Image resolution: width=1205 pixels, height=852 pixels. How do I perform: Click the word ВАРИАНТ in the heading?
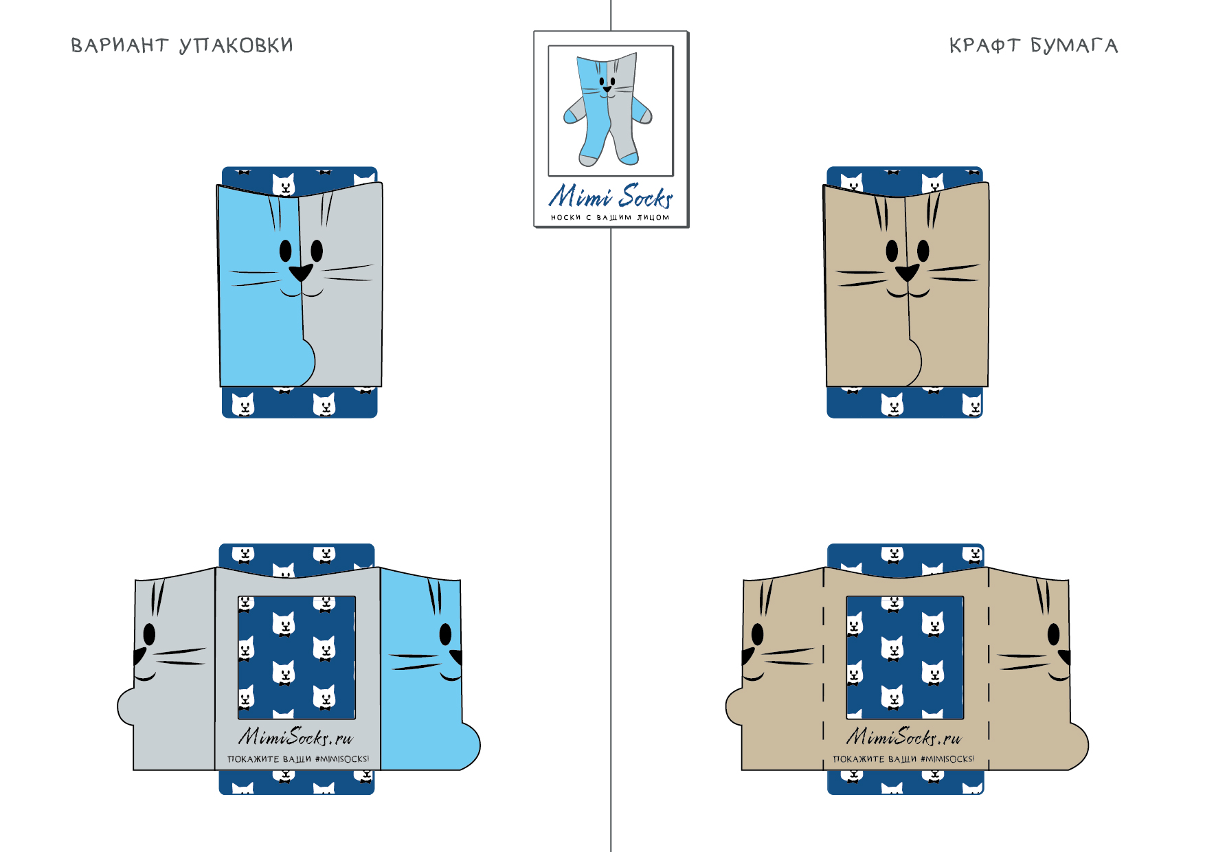coord(120,45)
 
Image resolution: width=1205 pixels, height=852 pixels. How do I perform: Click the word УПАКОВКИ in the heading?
coord(236,45)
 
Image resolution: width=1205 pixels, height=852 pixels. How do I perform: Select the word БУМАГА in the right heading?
coord(1074,45)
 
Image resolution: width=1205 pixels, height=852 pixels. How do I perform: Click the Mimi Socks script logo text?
coord(611,196)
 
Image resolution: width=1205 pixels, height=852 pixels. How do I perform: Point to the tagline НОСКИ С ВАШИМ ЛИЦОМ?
coord(610,217)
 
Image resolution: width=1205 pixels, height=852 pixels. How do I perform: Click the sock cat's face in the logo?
coord(607,85)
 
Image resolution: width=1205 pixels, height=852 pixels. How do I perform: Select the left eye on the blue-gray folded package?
coord(286,251)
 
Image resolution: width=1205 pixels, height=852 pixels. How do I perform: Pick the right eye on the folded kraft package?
coord(923,251)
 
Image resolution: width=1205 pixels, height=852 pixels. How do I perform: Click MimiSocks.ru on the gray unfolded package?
coord(295,737)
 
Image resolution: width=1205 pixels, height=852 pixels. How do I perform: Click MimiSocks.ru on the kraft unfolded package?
coord(904,737)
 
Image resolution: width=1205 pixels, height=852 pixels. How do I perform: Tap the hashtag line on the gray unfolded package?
coord(298,759)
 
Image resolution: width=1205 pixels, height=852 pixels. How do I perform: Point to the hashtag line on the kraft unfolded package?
coord(903,759)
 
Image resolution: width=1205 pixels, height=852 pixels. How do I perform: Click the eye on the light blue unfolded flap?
coord(445,634)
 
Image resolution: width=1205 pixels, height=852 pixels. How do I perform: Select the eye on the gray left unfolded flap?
coord(149,634)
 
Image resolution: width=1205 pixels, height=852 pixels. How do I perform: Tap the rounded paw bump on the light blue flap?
coord(469,746)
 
